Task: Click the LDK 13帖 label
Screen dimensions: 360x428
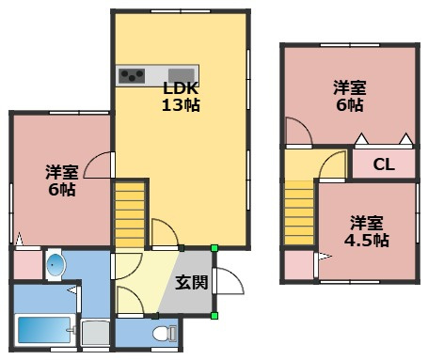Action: pyautogui.click(x=180, y=96)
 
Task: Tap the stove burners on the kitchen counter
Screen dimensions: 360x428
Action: pyautogui.click(x=131, y=75)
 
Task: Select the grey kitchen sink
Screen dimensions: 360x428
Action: pyautogui.click(x=181, y=75)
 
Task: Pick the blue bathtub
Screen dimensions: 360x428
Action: pyautogui.click(x=43, y=331)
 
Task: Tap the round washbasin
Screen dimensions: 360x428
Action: pyautogui.click(x=55, y=265)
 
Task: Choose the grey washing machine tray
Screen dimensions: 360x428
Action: pyautogui.click(x=94, y=334)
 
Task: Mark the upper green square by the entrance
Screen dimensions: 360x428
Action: pyautogui.click(x=214, y=248)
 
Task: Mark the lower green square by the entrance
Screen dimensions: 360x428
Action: pyautogui.click(x=214, y=316)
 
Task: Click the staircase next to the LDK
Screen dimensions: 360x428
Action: pyautogui.click(x=130, y=215)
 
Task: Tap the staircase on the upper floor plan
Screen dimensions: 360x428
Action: pyautogui.click(x=299, y=213)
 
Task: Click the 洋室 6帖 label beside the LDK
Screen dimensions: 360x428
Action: pyautogui.click(x=61, y=180)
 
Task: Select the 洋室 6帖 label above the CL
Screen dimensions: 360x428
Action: pyautogui.click(x=349, y=96)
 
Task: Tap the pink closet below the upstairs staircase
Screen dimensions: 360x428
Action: pyautogui.click(x=300, y=265)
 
